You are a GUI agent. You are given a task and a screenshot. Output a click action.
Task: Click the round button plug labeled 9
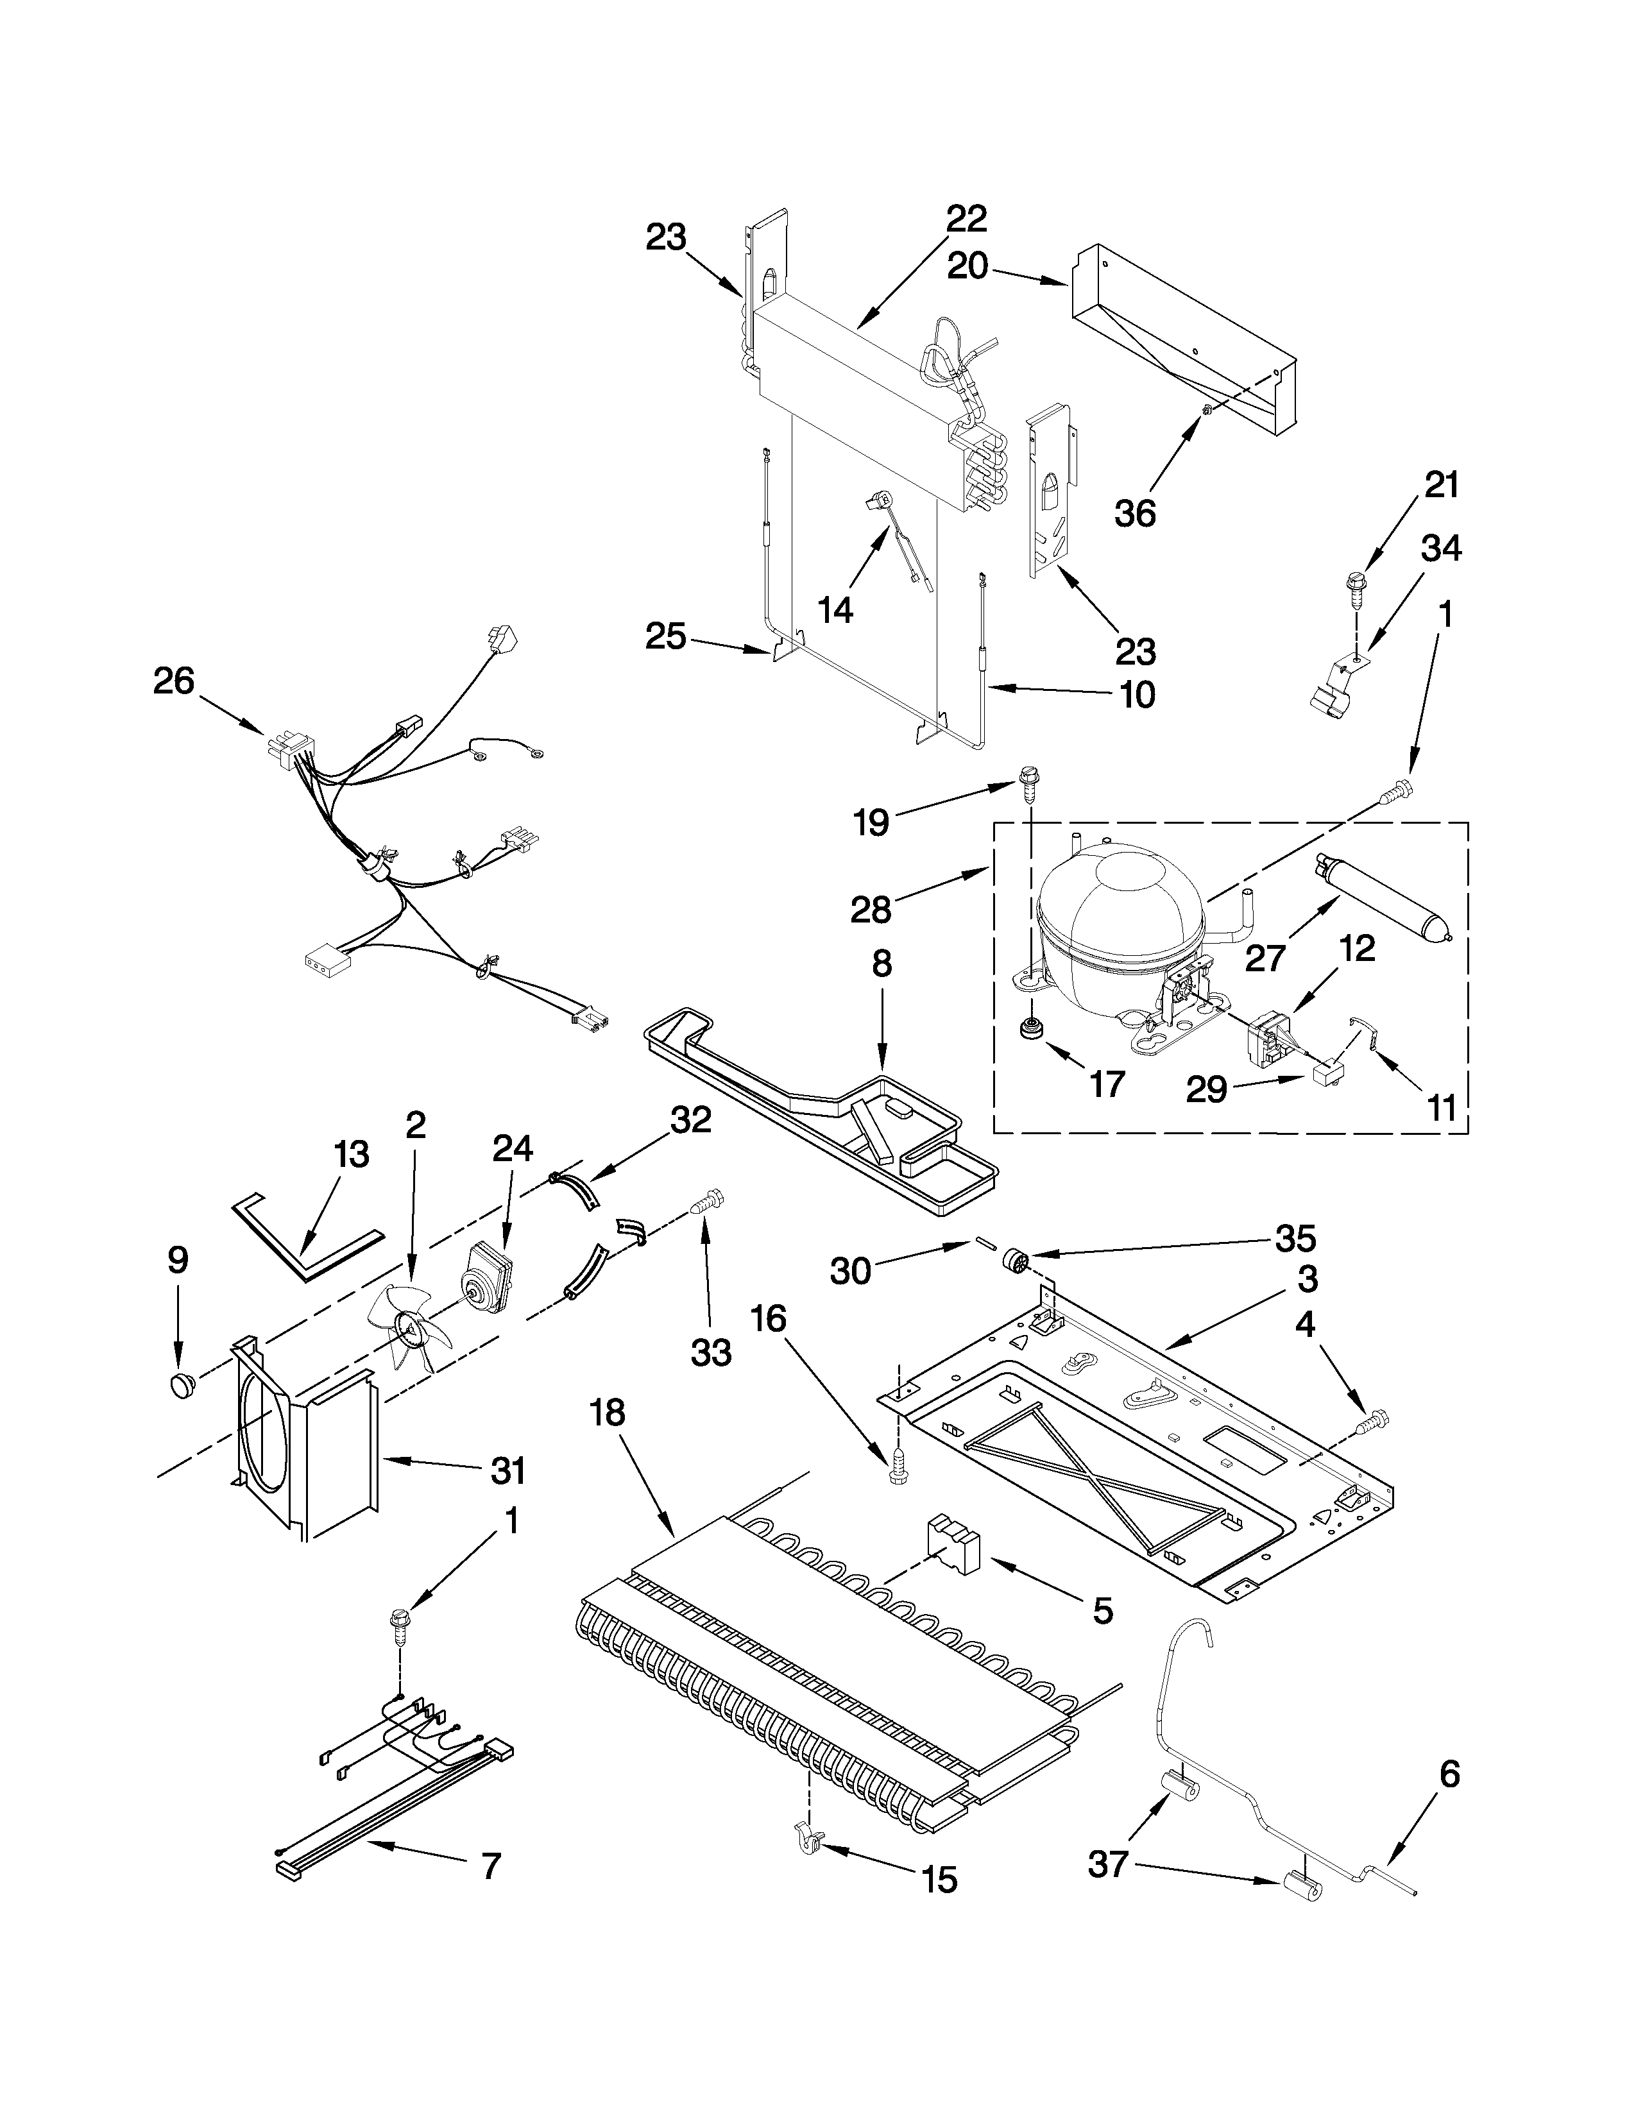click(180, 1386)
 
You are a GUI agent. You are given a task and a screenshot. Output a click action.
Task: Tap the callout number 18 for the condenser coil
click(608, 1413)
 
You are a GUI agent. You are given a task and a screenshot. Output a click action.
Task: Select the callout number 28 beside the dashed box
click(871, 909)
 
